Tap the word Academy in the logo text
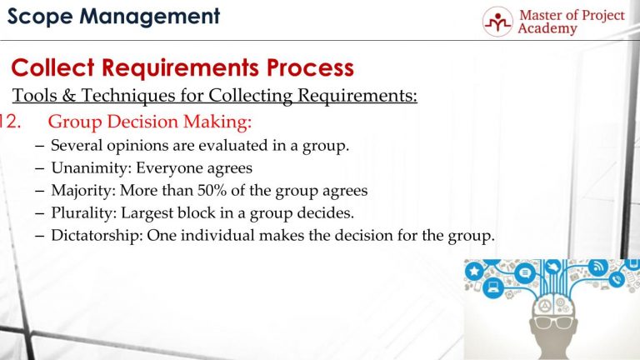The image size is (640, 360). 547,28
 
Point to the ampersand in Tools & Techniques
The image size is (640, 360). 72,96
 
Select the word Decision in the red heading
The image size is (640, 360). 144,122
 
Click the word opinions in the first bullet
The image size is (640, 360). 125,146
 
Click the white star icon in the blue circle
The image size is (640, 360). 474,271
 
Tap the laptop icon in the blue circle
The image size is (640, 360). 492,289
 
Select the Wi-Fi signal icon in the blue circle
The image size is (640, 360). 597,267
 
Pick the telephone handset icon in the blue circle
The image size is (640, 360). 616,280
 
